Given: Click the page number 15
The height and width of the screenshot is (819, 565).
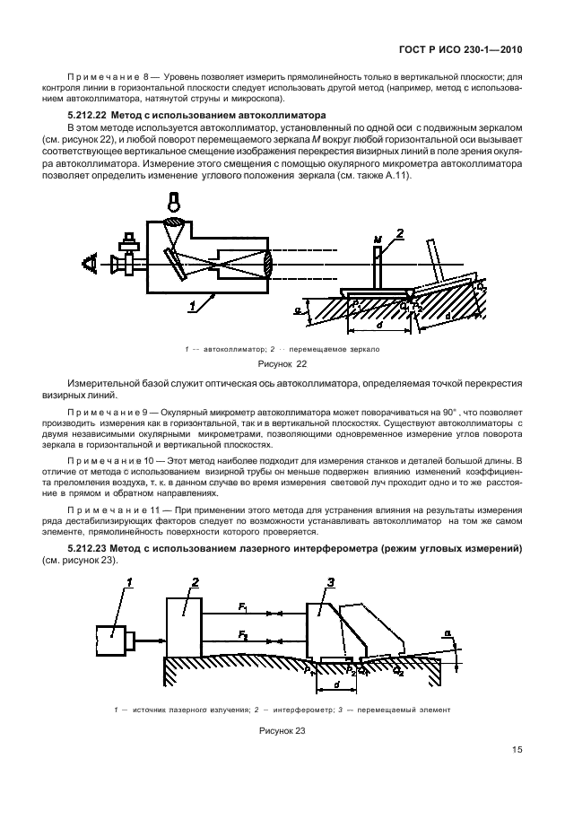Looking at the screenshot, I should tap(517, 751).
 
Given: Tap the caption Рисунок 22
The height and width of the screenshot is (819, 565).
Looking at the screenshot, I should tap(282, 365).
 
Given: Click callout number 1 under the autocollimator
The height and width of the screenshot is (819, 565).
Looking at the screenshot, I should tap(192, 306).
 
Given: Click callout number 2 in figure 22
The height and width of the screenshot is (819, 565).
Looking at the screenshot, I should tap(401, 233).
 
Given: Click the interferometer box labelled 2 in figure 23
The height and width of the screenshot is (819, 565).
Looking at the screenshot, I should tap(184, 628).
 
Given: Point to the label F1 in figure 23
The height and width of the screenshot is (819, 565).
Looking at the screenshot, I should tap(243, 607).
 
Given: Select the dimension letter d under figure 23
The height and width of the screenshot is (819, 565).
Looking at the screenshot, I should tap(336, 687).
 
